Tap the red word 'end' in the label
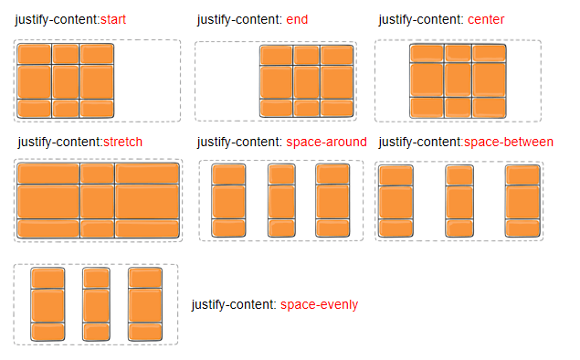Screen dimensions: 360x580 click(x=296, y=19)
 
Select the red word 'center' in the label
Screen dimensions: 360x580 click(x=486, y=19)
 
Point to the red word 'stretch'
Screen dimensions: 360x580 click(x=123, y=142)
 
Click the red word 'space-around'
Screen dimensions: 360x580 click(x=326, y=142)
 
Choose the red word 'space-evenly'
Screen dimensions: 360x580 click(x=319, y=304)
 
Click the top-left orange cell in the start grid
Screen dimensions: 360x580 click(x=34, y=54)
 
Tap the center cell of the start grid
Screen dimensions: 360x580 click(x=66, y=80)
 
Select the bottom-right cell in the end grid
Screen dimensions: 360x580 click(x=337, y=107)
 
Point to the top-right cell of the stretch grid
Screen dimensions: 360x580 click(x=147, y=174)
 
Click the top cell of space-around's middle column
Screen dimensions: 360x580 click(x=281, y=174)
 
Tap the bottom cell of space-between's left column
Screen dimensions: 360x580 click(x=395, y=228)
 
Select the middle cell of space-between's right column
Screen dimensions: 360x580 click(x=522, y=199)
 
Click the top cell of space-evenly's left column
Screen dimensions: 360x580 click(x=47, y=278)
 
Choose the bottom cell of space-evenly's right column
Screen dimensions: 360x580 click(x=144, y=331)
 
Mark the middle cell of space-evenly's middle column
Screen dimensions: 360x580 click(x=96, y=303)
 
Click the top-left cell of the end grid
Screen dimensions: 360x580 click(x=277, y=55)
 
